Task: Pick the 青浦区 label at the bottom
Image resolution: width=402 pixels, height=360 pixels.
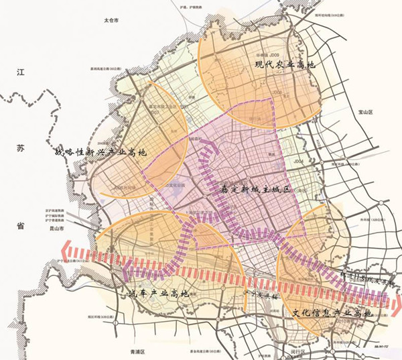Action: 142,352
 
